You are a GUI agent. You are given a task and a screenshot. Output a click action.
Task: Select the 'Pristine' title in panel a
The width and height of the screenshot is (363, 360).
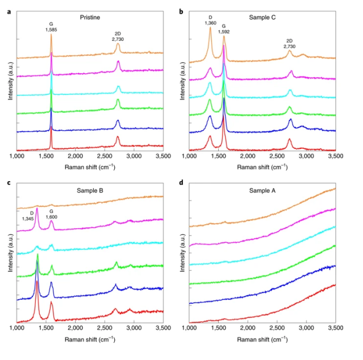tap(90, 18)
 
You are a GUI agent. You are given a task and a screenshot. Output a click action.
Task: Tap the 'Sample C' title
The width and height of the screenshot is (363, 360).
tap(262, 17)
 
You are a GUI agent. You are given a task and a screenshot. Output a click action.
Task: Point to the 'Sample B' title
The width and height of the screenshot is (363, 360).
tap(90, 190)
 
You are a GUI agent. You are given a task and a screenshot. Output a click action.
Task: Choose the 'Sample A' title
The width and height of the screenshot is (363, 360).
tap(262, 190)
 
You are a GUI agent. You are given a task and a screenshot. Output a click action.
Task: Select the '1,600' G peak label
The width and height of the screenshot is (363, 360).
tap(51, 218)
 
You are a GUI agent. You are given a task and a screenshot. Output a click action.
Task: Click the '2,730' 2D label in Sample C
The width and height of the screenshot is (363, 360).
tap(290, 47)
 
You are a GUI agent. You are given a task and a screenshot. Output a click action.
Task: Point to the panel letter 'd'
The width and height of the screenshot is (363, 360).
tap(181, 183)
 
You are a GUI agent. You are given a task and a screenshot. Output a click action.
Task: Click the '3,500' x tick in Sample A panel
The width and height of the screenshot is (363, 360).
tap(335, 329)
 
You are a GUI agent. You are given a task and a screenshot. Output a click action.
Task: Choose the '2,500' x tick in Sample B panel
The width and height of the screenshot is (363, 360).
tap(105, 329)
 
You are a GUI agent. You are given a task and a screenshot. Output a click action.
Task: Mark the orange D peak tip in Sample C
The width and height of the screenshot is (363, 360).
tap(210, 27)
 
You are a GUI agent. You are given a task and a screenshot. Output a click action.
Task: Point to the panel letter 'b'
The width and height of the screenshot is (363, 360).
tap(181, 11)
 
